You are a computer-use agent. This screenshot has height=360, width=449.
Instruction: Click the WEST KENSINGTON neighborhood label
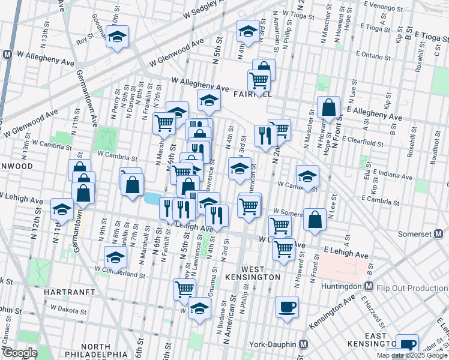pyautogui.click(x=261, y=272)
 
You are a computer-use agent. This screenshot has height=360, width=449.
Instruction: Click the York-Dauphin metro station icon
pyautogui.click(x=304, y=344)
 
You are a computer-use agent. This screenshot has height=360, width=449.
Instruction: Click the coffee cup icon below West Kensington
pyautogui.click(x=287, y=307)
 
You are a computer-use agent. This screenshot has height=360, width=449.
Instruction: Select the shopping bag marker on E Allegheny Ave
pyautogui.click(x=329, y=108)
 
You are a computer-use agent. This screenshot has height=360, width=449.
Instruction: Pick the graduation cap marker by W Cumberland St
pyautogui.click(x=114, y=259)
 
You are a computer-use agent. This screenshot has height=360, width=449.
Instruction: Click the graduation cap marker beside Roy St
pyautogui.click(x=118, y=36)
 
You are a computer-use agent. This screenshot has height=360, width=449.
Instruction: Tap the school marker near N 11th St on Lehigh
pyautogui.click(x=62, y=209)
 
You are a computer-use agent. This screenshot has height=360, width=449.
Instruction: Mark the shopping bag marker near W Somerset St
pyautogui.click(x=315, y=220)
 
